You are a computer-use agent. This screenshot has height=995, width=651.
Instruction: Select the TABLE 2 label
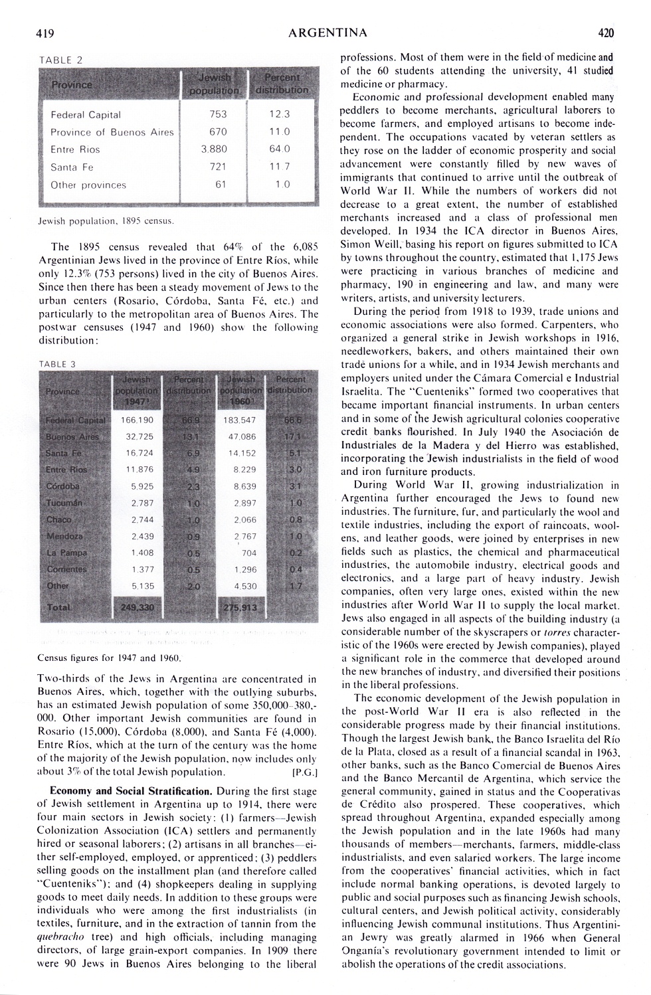[x=61, y=60]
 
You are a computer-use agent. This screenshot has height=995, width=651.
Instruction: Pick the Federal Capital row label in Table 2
[x=86, y=114]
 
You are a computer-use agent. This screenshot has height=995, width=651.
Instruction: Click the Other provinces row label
[x=88, y=185]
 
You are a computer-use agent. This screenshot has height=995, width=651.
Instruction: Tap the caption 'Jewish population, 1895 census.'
[x=106, y=219]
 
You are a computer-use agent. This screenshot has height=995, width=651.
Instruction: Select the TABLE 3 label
[x=58, y=364]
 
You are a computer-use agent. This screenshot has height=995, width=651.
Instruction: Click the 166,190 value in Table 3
[x=138, y=420]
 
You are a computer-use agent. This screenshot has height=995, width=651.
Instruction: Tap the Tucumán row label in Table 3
[x=64, y=503]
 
